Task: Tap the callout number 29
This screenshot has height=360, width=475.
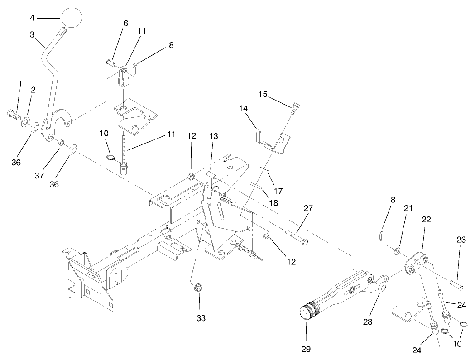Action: pyautogui.click(x=306, y=349)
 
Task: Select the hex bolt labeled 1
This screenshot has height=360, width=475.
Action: pyautogui.click(x=12, y=115)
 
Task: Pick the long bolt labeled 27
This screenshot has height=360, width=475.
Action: pyautogui.click(x=297, y=236)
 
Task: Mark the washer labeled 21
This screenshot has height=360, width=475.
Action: pyautogui.click(x=397, y=250)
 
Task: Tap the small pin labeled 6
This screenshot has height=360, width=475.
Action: pyautogui.click(x=111, y=62)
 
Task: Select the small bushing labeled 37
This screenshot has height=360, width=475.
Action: pyautogui.click(x=59, y=143)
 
